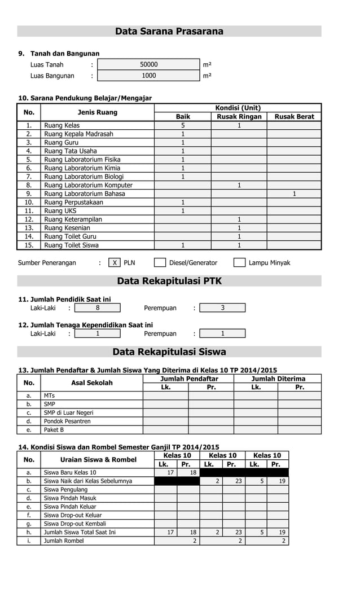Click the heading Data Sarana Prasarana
(169, 32)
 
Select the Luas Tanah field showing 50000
(148, 65)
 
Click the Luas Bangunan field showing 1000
(148, 76)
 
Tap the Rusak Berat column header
(294, 117)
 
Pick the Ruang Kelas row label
(62, 125)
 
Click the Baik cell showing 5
(183, 125)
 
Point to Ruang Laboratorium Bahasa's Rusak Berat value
(294, 194)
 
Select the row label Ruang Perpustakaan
(73, 202)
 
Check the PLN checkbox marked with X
(115, 262)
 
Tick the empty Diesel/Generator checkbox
(160, 262)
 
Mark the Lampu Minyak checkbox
(239, 262)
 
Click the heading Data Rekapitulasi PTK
(169, 281)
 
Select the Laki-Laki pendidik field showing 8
(98, 308)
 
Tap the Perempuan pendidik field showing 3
(222, 308)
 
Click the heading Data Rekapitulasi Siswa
(169, 352)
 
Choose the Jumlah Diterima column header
(278, 379)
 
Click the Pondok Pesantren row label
(67, 421)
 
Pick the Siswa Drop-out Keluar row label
(73, 515)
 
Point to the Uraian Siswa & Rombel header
(98, 460)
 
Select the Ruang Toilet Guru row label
(70, 236)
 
